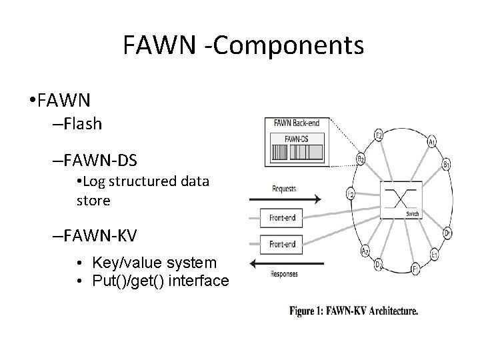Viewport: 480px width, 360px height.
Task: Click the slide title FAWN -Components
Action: coord(243,45)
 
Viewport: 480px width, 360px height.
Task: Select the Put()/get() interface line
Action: coord(159,281)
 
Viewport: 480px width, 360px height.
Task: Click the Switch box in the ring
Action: coord(401,198)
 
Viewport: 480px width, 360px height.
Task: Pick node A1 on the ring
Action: coord(432,141)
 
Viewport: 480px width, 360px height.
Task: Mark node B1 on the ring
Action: coord(446,165)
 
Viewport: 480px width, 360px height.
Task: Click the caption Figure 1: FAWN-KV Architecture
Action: coord(353,310)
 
